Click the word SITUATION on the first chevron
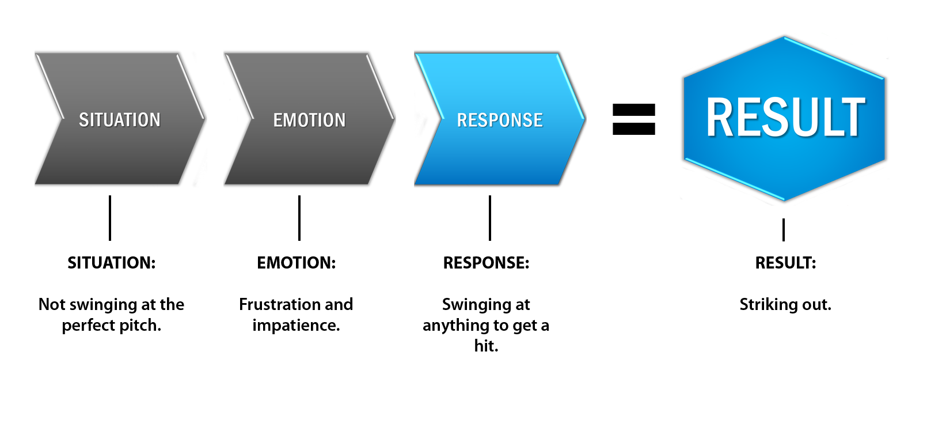(119, 120)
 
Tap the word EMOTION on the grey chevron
(309, 120)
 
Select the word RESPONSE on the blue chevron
(500, 120)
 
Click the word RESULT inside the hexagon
(785, 118)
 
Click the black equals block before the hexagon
(633, 119)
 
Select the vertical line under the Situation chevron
(110, 218)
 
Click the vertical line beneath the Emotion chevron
(299, 218)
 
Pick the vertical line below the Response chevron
(490, 218)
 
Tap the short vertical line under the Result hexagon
(784, 229)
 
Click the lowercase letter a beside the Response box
(546, 326)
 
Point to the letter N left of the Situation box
(42, 304)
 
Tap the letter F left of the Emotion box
(244, 304)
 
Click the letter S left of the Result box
(743, 304)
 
